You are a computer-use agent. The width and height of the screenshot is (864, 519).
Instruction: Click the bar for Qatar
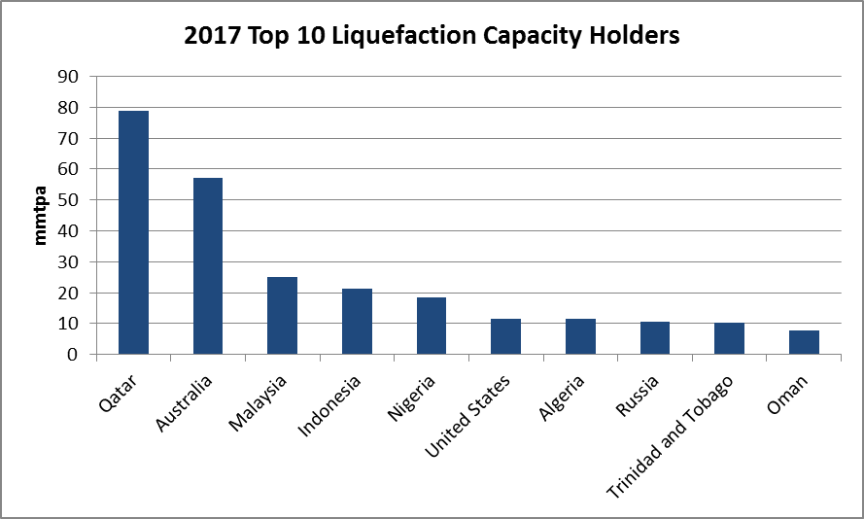(133, 233)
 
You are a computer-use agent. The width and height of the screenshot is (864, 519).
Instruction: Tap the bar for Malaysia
(282, 316)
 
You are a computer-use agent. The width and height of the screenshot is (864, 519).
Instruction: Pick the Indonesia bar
(357, 322)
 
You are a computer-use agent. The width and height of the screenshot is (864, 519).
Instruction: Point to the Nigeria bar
(432, 327)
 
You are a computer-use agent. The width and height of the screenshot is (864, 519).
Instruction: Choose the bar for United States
(505, 337)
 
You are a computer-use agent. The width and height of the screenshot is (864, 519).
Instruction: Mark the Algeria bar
(580, 337)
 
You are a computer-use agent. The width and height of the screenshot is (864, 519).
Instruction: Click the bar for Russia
(655, 338)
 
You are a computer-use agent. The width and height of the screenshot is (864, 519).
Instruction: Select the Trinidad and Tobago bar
(729, 339)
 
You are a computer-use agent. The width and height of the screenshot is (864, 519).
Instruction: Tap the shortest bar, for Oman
(804, 343)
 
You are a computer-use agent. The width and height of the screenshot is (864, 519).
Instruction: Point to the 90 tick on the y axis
(70, 76)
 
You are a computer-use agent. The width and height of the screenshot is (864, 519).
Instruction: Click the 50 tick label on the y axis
(70, 200)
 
